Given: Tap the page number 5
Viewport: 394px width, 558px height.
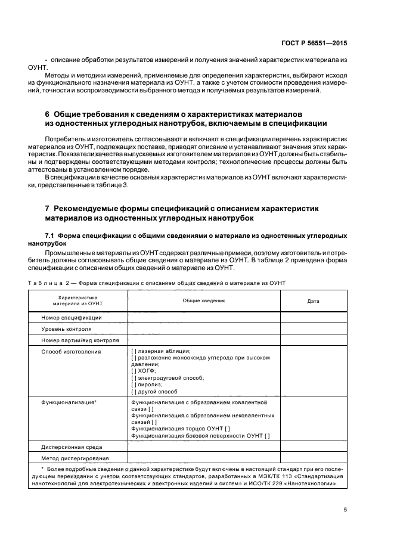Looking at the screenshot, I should click(346, 510).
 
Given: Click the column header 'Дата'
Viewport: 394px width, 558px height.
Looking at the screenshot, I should click(313, 301).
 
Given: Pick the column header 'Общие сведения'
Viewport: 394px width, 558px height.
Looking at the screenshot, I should click(203, 300).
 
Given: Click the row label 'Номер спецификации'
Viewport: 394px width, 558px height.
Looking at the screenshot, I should click(72, 318).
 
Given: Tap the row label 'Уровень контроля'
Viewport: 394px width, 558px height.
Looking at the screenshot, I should click(66, 329).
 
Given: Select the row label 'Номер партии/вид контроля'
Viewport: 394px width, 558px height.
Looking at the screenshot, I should click(80, 340).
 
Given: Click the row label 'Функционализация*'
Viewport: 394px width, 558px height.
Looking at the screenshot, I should click(69, 402).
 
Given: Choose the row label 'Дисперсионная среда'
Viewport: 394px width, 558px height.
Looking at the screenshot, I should click(72, 447).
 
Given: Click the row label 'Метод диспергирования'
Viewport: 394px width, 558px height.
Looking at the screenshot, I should click(75, 458).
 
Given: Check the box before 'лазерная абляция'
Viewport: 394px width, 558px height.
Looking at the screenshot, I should click(134, 352).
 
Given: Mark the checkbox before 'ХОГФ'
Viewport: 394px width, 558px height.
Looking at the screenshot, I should click(134, 371).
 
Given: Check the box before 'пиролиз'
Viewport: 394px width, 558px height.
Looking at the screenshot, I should click(134, 385).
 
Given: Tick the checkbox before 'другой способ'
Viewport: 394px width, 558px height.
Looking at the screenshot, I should click(134, 392).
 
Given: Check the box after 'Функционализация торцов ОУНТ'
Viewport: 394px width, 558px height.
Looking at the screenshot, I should click(228, 429).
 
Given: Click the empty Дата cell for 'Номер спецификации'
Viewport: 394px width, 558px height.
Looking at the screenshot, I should click(313, 318).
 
